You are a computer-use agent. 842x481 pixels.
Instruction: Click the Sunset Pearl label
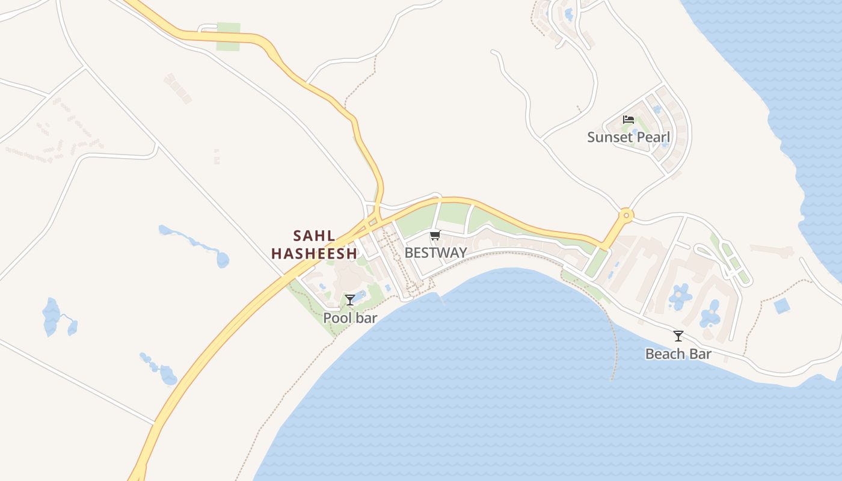(x=628, y=137)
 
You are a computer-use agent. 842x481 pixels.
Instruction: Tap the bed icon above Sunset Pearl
(x=628, y=120)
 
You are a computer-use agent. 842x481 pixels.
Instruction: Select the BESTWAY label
(x=435, y=253)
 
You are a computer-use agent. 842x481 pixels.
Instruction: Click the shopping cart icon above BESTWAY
(x=435, y=235)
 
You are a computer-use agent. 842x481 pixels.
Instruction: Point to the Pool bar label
(x=350, y=317)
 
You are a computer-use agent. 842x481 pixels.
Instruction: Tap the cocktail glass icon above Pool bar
(x=350, y=299)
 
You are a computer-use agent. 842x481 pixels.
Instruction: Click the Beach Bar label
(x=678, y=354)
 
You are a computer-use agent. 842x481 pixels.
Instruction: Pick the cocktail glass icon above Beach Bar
(x=678, y=336)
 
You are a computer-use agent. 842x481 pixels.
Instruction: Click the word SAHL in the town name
(x=314, y=235)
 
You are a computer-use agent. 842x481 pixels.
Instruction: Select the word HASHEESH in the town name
(x=314, y=253)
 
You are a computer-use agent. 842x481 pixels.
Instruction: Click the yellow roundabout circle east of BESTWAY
(x=626, y=215)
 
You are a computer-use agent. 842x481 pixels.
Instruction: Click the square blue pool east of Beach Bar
(x=782, y=305)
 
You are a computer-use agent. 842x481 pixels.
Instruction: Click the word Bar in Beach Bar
(x=700, y=354)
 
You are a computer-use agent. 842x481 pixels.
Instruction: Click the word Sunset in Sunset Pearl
(x=609, y=137)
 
